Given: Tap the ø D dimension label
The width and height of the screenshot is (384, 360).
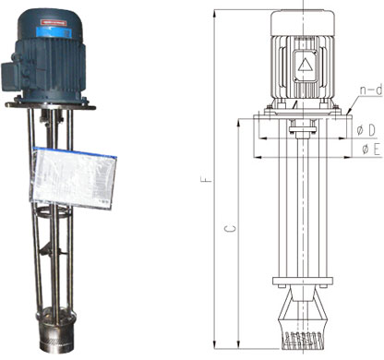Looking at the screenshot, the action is [x=366, y=130].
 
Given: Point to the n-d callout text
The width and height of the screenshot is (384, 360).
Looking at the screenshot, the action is [x=371, y=90].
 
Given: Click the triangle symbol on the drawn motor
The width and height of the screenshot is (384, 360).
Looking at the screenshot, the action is [x=305, y=65].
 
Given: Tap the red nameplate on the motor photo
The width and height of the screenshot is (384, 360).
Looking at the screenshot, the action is [x=54, y=23].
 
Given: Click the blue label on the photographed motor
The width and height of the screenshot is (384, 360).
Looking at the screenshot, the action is [x=54, y=32].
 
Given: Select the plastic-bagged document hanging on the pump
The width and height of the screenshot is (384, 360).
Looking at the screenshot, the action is [x=73, y=178].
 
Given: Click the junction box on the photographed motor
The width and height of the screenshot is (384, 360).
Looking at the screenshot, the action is [x=12, y=76].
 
